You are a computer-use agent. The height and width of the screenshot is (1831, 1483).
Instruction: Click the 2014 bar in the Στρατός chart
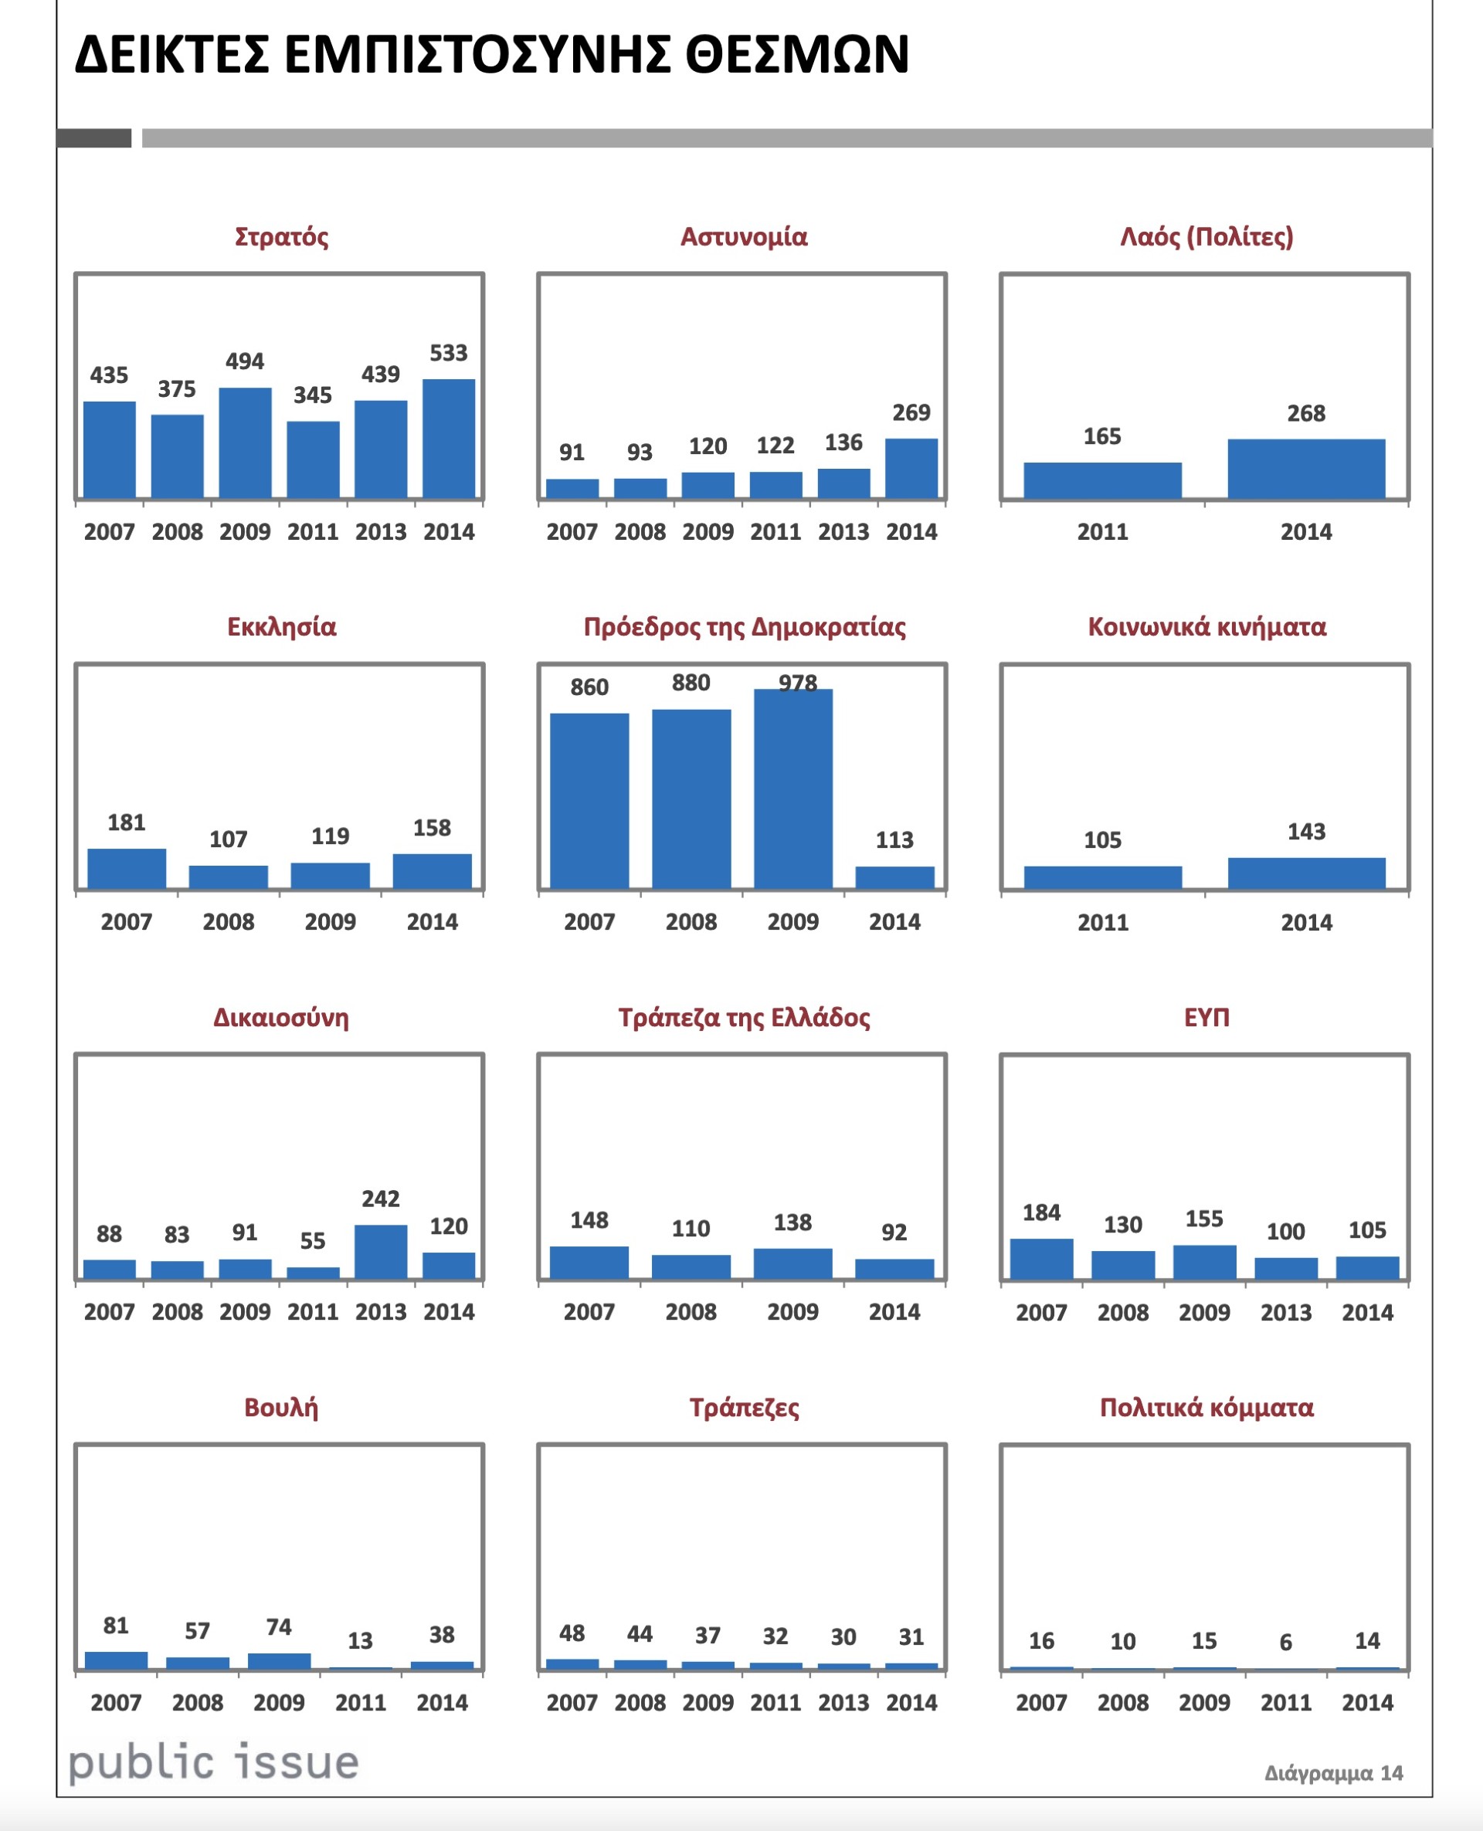coord(449,438)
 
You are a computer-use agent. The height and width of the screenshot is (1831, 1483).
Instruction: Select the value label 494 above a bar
coord(244,361)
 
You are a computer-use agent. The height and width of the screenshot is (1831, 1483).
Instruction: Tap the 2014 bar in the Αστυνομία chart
coord(911,468)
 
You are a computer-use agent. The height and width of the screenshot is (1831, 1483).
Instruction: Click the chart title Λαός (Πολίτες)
coord(1206,236)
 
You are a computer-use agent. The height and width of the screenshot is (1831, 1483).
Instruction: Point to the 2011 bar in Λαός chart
coord(1102,480)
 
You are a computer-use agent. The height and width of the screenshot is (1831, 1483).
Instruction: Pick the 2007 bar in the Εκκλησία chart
coord(127,869)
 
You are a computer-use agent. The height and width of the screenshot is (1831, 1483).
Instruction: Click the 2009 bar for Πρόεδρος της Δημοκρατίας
coord(792,789)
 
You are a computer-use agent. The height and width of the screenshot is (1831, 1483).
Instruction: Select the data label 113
coord(894,840)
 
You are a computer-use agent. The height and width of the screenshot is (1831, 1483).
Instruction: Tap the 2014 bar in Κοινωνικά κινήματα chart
coord(1306,873)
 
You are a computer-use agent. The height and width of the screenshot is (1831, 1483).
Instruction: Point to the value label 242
coord(380,1199)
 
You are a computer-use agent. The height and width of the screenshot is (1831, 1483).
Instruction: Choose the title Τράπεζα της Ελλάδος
coord(744,1017)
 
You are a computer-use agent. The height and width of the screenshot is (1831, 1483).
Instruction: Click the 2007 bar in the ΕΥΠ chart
coord(1041,1259)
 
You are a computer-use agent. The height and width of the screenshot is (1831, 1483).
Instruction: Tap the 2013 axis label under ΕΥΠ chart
coord(1286,1313)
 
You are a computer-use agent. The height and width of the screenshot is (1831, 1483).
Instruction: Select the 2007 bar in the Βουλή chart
coord(116,1660)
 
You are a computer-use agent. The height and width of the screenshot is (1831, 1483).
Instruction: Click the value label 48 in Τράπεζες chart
coord(572,1634)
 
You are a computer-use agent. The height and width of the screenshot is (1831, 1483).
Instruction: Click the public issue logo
coord(213,1764)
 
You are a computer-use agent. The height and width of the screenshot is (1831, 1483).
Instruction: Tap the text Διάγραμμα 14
coord(1333,1773)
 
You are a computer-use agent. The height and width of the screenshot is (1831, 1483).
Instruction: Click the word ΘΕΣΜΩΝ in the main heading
coord(797,55)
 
